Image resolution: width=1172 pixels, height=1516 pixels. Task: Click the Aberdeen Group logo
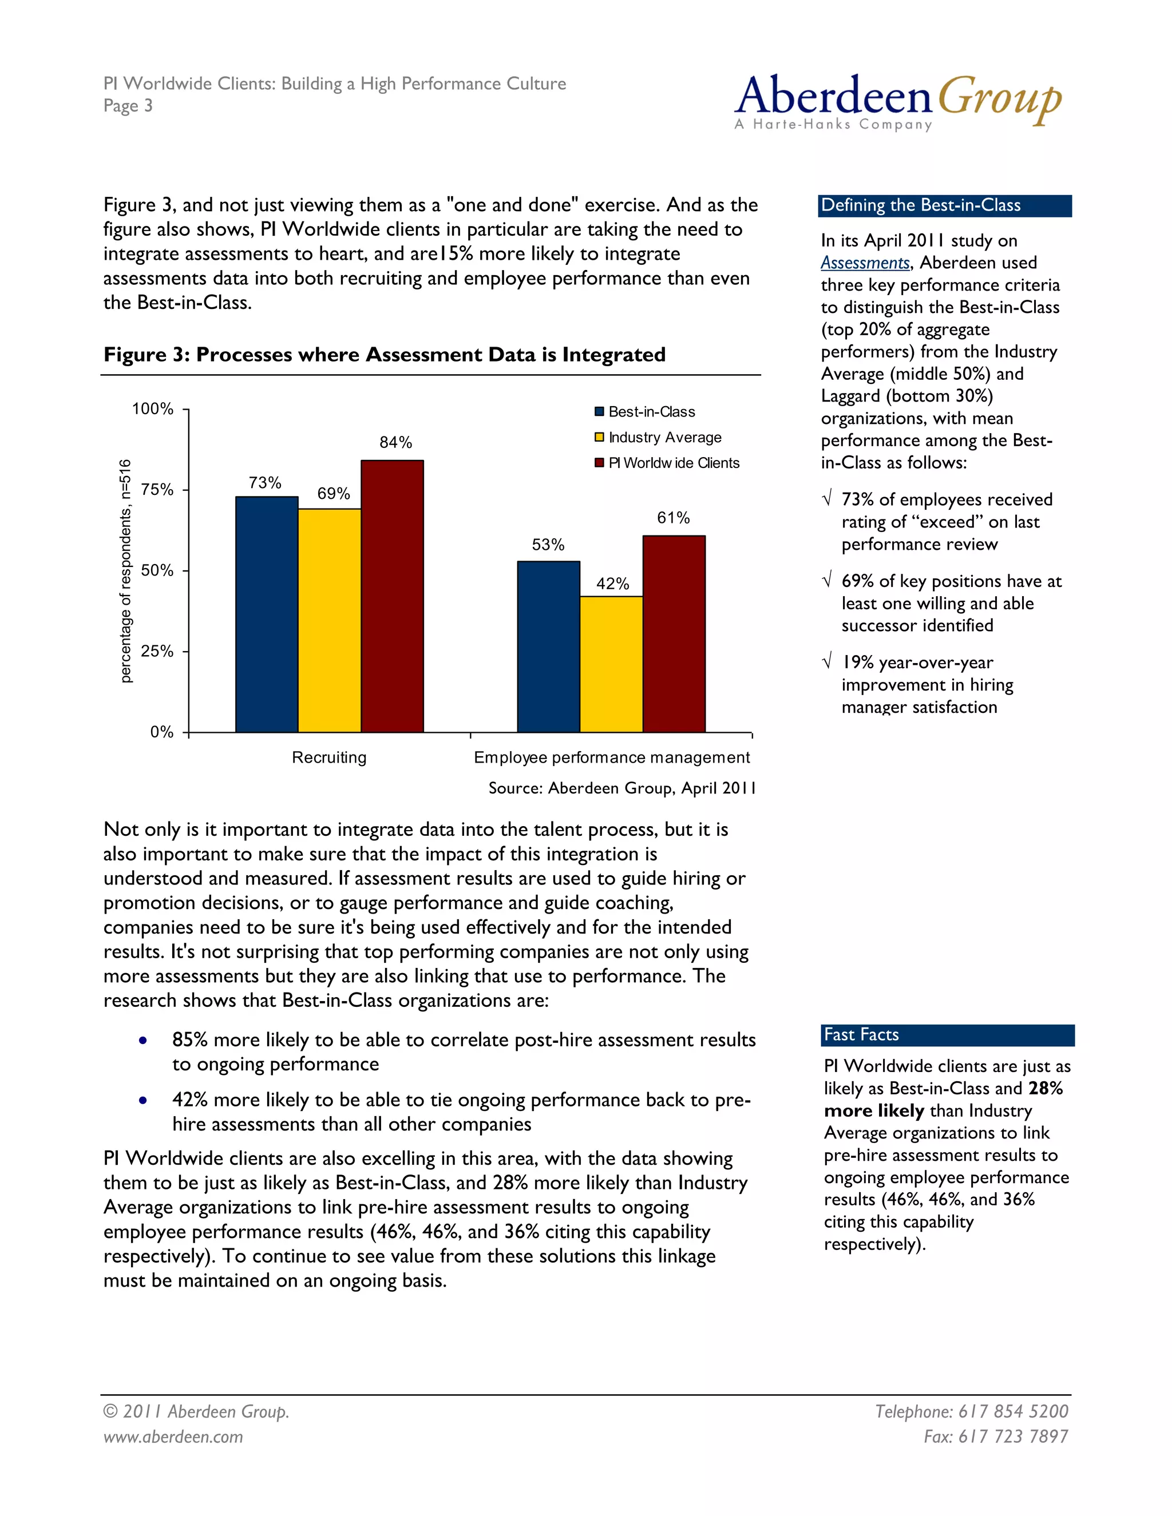click(897, 101)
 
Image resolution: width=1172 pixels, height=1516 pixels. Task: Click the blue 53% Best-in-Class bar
click(548, 646)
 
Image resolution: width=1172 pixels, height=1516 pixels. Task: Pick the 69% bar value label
click(333, 494)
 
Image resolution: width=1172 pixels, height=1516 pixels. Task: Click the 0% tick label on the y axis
click(162, 732)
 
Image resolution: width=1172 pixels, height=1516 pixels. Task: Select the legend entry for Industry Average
click(664, 437)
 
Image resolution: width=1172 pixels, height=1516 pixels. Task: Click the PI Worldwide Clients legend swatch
click(599, 463)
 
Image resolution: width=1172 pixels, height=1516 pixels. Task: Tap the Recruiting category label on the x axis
click(329, 757)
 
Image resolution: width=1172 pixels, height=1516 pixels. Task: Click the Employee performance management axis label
click(611, 757)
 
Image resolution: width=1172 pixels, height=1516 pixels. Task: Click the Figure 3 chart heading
click(384, 355)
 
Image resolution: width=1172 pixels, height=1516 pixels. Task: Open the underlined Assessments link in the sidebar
click(865, 263)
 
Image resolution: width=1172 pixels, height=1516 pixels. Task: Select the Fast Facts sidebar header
click(948, 1035)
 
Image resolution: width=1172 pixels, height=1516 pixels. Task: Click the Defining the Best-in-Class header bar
click(944, 205)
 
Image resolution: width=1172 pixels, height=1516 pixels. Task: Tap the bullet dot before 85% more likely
click(142, 1041)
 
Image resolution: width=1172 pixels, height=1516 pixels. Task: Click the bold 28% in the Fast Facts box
click(1046, 1089)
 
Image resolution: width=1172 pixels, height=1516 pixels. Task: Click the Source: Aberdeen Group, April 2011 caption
click(621, 788)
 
